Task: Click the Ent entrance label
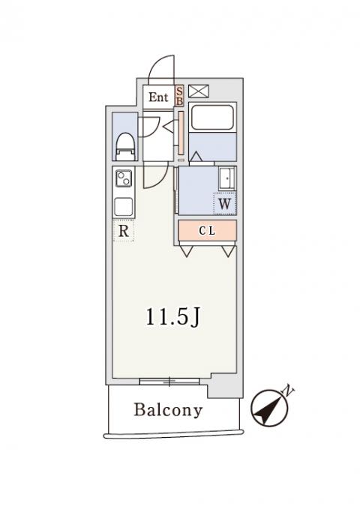tap(158, 97)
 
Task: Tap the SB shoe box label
tap(179, 96)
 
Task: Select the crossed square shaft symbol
tap(199, 91)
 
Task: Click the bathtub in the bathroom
tap(212, 117)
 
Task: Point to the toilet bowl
tap(125, 147)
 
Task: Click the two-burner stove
tap(124, 178)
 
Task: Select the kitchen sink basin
tap(124, 206)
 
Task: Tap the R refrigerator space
tap(124, 231)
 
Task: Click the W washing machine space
tap(224, 204)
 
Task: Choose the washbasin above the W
tap(227, 178)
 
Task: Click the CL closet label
tap(207, 231)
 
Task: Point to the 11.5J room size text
tap(172, 318)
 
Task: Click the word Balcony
tap(168, 410)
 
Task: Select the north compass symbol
tap(270, 408)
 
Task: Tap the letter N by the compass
tap(289, 391)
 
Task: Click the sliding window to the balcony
tap(169, 382)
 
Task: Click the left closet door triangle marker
tap(187, 251)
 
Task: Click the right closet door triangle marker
tap(229, 251)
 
